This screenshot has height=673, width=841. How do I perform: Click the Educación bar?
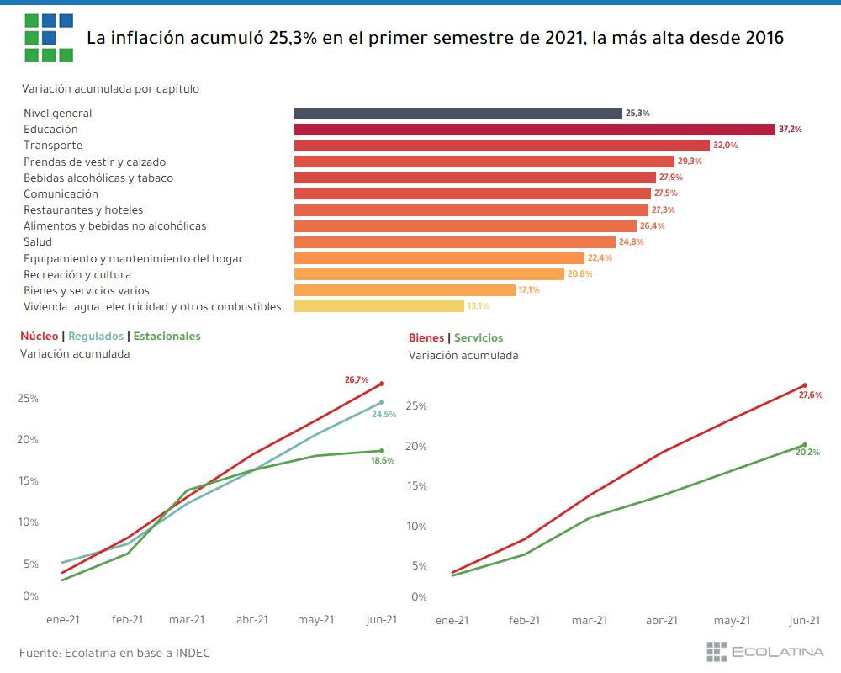click(x=534, y=130)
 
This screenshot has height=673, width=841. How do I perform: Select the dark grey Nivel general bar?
click(x=458, y=114)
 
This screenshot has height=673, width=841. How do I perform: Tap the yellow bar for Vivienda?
click(x=378, y=306)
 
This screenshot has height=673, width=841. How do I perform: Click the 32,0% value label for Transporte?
click(x=725, y=146)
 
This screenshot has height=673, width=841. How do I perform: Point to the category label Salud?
click(x=38, y=242)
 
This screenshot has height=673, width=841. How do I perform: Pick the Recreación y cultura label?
click(x=77, y=274)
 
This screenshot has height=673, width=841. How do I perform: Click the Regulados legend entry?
click(x=96, y=336)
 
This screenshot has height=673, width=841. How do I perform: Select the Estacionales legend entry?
click(x=167, y=336)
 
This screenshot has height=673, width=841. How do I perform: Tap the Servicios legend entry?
click(x=479, y=338)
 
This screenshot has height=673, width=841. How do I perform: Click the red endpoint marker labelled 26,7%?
click(x=382, y=384)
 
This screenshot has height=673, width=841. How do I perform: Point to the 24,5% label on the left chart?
click(x=383, y=414)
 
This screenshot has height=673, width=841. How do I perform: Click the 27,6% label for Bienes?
click(x=809, y=395)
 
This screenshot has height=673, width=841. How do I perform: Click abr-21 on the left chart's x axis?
click(x=251, y=619)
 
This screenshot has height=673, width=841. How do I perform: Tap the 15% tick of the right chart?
click(x=417, y=486)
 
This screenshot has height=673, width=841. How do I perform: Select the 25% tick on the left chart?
click(x=29, y=398)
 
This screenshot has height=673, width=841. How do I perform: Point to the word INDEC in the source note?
click(x=193, y=653)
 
